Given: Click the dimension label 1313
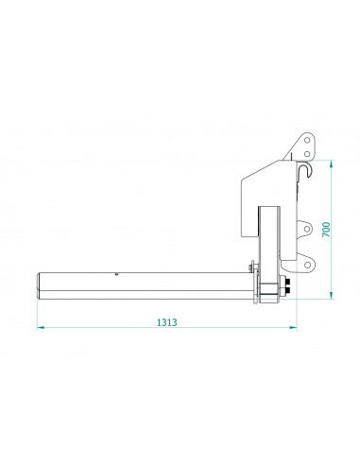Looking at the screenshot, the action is [167, 322].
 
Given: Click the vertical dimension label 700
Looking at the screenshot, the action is [326, 230].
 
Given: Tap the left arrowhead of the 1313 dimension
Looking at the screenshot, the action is [41, 328].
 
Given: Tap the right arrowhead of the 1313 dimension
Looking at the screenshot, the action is [293, 328].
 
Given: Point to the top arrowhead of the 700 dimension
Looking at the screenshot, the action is [331, 164].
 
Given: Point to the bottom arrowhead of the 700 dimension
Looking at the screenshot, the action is [331, 295].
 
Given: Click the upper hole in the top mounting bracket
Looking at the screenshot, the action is [307, 140].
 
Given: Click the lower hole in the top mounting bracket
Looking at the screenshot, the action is [307, 154].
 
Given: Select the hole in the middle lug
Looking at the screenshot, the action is [306, 229].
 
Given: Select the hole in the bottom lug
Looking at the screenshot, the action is [307, 265].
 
